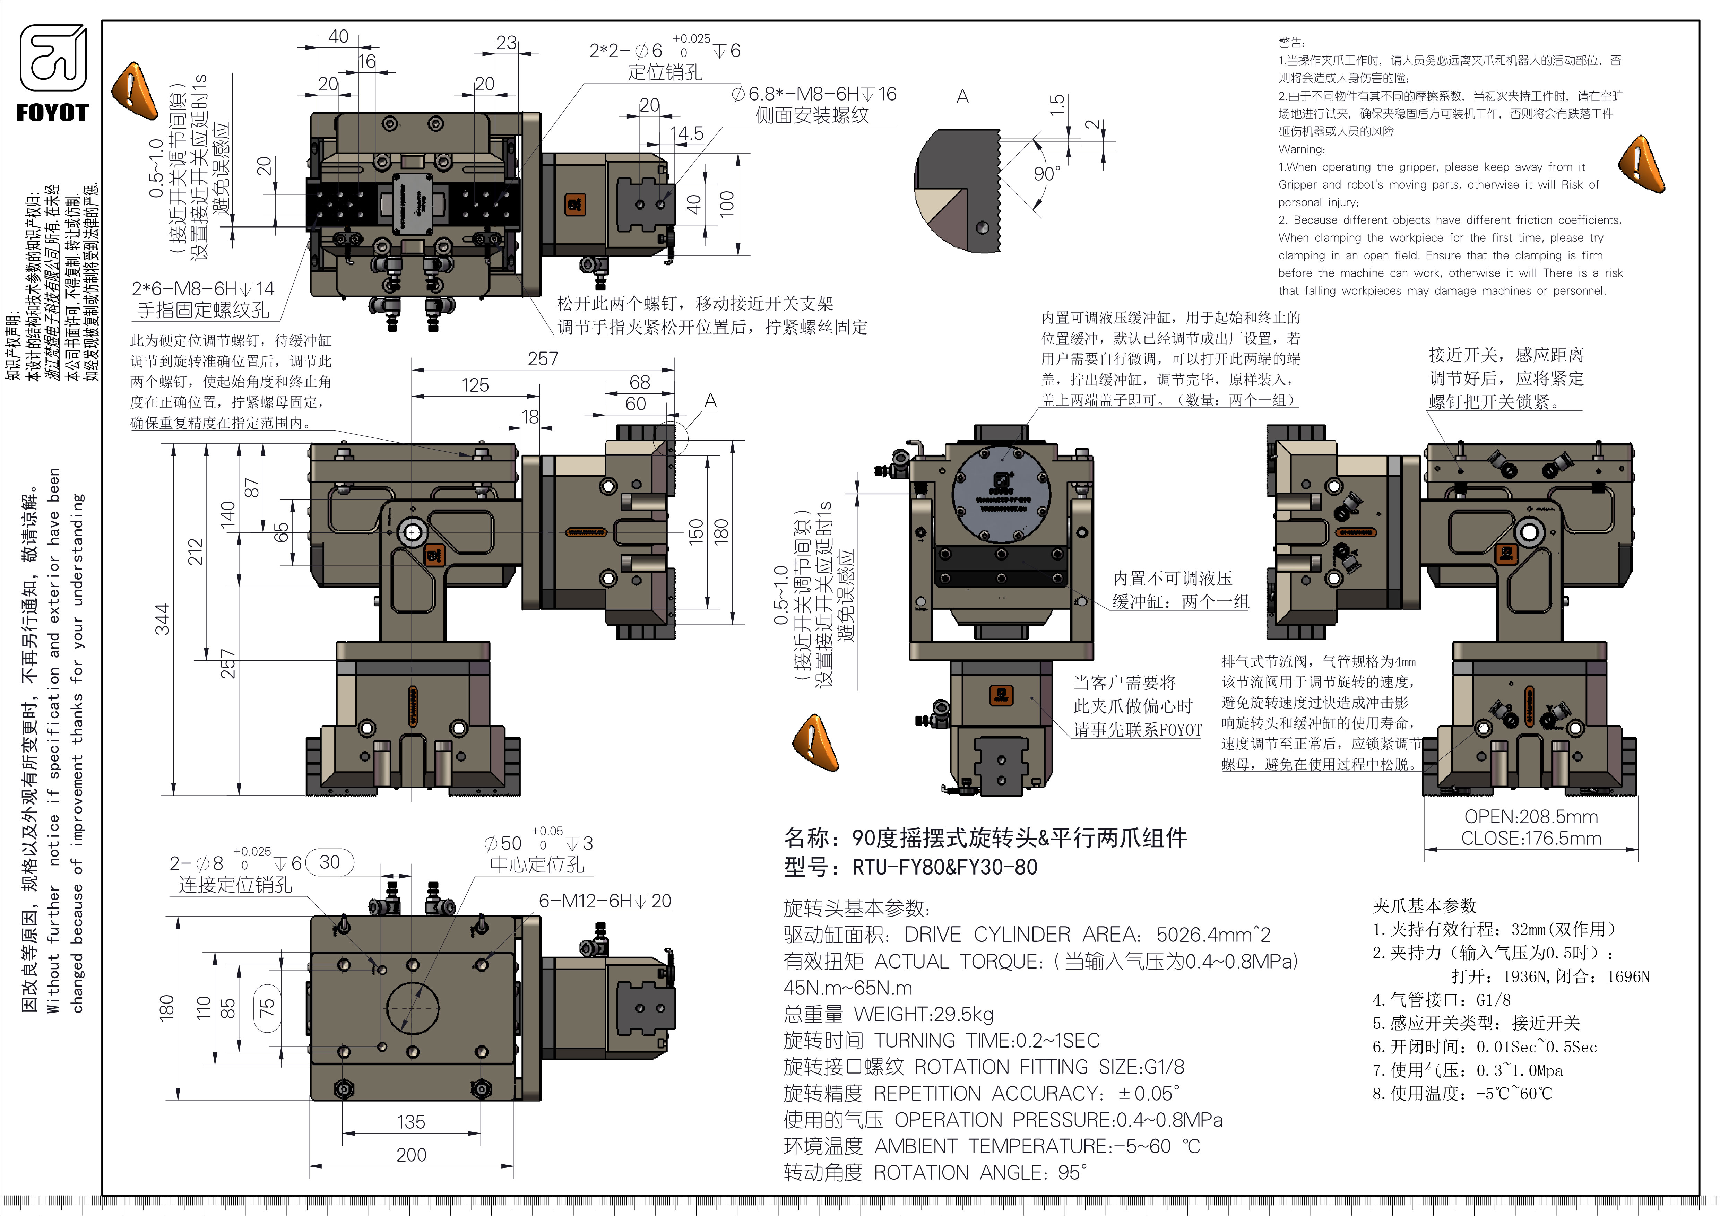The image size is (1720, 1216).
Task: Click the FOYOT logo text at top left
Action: [52, 113]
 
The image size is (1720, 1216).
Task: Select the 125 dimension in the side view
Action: [475, 385]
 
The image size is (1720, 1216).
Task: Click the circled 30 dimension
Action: [330, 862]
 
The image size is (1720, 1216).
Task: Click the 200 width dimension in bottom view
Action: [411, 1155]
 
